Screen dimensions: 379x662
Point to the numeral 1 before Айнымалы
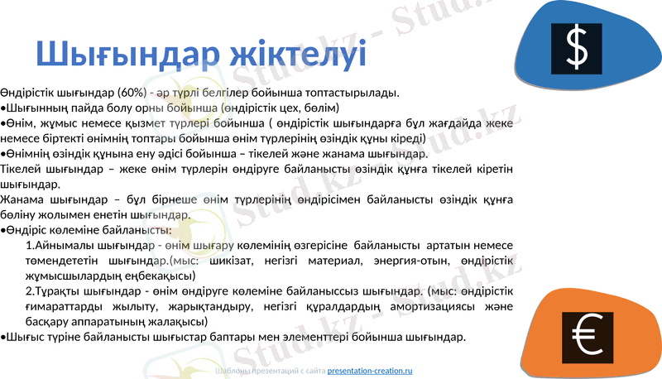29,246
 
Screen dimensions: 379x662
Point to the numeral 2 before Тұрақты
29,291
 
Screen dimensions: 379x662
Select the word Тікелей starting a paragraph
22,169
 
